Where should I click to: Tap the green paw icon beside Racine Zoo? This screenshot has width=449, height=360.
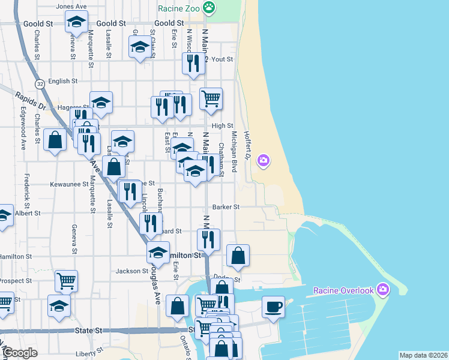(x=209, y=8)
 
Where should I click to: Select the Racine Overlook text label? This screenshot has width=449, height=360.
(x=343, y=291)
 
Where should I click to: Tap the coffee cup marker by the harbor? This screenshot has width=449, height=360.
(x=274, y=308)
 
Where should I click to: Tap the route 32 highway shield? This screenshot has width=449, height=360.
(x=40, y=83)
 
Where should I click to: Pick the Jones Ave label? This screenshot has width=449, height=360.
(x=71, y=7)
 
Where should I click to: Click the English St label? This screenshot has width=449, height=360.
(x=63, y=81)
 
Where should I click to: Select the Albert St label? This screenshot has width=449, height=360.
(x=28, y=212)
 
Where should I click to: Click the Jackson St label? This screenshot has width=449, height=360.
(x=131, y=271)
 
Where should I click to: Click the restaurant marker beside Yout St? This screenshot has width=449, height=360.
(x=192, y=64)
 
